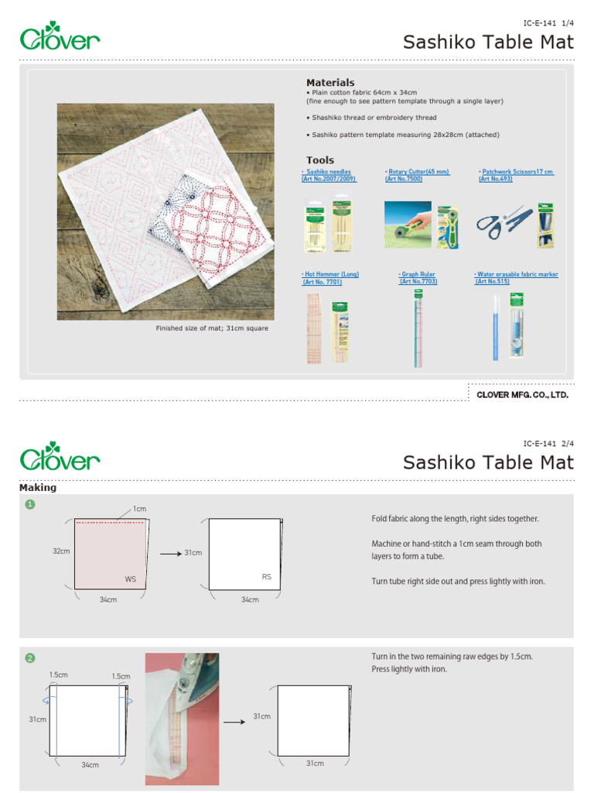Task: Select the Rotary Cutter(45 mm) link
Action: tap(417, 172)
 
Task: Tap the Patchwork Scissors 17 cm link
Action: tap(516, 172)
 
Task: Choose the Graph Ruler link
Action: tap(418, 275)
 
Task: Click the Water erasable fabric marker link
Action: tap(516, 275)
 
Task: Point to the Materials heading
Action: tap(330, 82)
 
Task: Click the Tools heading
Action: tap(319, 160)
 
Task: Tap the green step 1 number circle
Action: tap(30, 505)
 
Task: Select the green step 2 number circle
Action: tap(30, 658)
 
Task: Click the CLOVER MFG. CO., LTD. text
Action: tap(522, 395)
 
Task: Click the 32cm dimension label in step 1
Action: tap(60, 551)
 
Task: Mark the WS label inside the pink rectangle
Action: tap(131, 579)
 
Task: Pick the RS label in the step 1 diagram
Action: tap(267, 578)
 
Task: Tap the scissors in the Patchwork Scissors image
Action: tap(503, 222)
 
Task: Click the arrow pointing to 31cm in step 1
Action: tap(169, 554)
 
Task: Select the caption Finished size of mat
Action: tap(212, 328)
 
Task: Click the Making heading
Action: tap(38, 488)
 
